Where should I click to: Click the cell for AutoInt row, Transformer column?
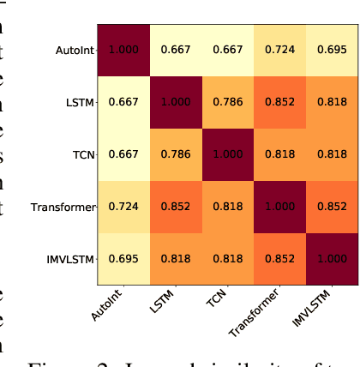(x=280, y=50)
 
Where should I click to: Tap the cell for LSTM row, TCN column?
(x=228, y=102)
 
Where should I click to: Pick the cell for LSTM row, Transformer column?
(x=280, y=102)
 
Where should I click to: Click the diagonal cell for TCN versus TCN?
(x=228, y=155)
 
